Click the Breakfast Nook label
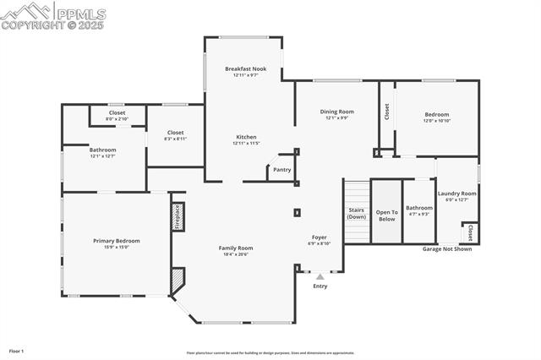[x=245, y=68]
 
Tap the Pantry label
[x=282, y=170]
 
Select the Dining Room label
[x=336, y=112]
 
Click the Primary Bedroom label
[x=117, y=241]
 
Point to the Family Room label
[x=236, y=248]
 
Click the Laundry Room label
[x=456, y=194]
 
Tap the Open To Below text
[x=386, y=215]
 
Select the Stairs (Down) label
[x=357, y=213]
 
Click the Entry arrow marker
[x=320, y=275]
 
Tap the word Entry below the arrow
[x=320, y=286]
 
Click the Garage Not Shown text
[x=447, y=249]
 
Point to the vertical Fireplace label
[x=178, y=216]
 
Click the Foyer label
[x=319, y=237]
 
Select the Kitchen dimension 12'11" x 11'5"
[x=246, y=144]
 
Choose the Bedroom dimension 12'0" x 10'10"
[x=437, y=121]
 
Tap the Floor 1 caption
[x=16, y=350]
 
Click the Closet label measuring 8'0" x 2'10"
[x=117, y=119]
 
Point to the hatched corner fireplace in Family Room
[x=178, y=281]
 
